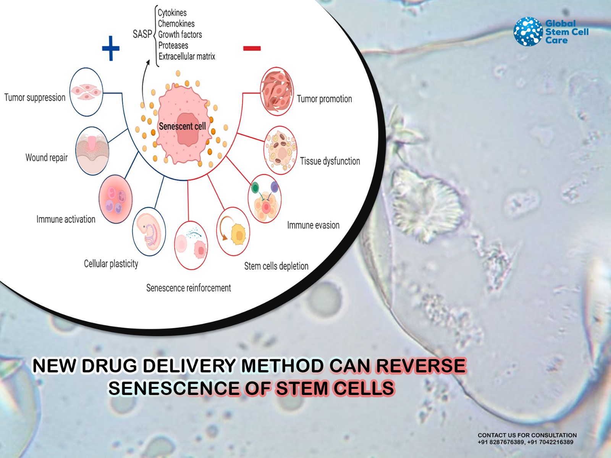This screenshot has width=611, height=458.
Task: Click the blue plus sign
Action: pos(111,48)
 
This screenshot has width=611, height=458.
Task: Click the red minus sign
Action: pos(252,49)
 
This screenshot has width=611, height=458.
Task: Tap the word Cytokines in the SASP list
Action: pos(172,13)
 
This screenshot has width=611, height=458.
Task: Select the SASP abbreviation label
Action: pos(142,34)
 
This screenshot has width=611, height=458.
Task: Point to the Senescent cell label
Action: pos(182,126)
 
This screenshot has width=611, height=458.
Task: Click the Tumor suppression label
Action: pos(35,97)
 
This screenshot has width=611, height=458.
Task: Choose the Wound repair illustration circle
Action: pos(92,151)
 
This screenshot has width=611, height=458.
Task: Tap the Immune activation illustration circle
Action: pos(116,199)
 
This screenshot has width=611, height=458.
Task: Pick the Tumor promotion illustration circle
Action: pos(277,91)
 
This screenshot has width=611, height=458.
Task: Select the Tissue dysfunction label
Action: pos(330,161)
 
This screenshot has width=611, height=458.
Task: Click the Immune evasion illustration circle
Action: pos(264,199)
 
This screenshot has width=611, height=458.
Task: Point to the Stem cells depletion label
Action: pos(276,266)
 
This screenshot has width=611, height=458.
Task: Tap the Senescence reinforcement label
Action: pos(188,288)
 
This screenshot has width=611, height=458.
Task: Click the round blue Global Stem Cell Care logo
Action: pos(528,31)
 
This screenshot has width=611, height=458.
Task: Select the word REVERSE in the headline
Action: pos(421,366)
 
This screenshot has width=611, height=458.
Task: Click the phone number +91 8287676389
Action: pos(501,442)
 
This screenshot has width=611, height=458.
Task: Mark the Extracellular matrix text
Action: pos(187,56)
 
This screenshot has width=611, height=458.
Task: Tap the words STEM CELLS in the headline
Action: pos(335,388)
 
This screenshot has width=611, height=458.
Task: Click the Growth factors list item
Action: pos(180,34)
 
